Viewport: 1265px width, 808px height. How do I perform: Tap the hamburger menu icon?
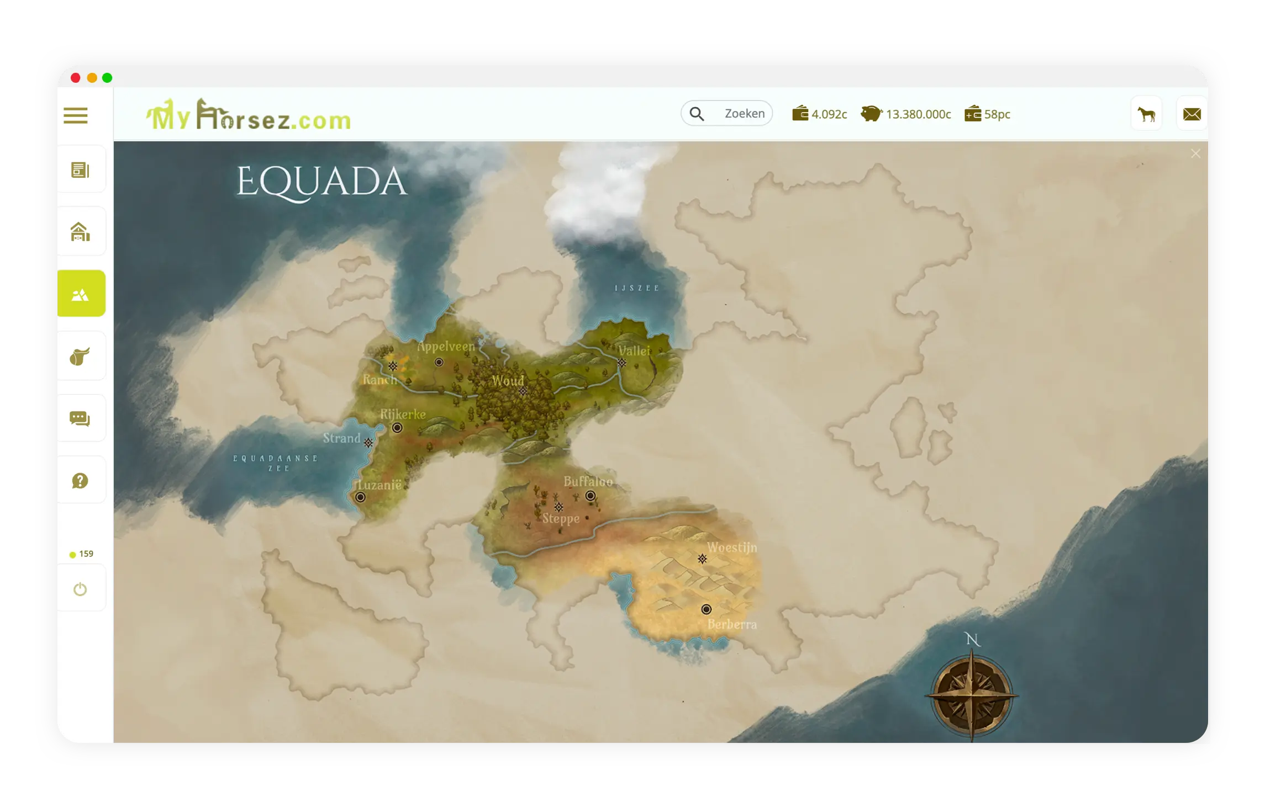(x=76, y=116)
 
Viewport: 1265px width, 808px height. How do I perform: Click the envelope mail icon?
(x=1192, y=114)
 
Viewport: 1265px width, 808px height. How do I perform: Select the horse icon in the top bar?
(x=1146, y=114)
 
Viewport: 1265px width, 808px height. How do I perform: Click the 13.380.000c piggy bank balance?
(x=906, y=114)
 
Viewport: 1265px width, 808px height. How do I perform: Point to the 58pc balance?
(x=988, y=114)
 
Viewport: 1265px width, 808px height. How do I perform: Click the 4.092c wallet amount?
(x=820, y=114)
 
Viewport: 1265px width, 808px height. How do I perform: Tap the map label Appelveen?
(x=446, y=347)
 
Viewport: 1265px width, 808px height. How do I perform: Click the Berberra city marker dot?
(x=706, y=609)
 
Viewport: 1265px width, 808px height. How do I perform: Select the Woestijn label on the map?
(x=732, y=547)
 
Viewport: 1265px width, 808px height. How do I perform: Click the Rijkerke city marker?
(x=397, y=428)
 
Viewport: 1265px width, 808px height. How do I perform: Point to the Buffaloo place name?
(x=588, y=481)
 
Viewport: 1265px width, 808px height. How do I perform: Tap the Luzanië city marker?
(x=360, y=497)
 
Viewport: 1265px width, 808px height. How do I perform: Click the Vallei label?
(x=634, y=350)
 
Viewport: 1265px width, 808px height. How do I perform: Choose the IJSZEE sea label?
(x=637, y=288)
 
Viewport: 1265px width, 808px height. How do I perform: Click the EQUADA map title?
(x=322, y=182)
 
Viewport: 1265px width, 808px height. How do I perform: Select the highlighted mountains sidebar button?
(x=81, y=294)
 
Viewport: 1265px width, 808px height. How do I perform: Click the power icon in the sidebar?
(x=80, y=589)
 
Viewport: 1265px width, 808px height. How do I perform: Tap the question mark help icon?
(x=80, y=481)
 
